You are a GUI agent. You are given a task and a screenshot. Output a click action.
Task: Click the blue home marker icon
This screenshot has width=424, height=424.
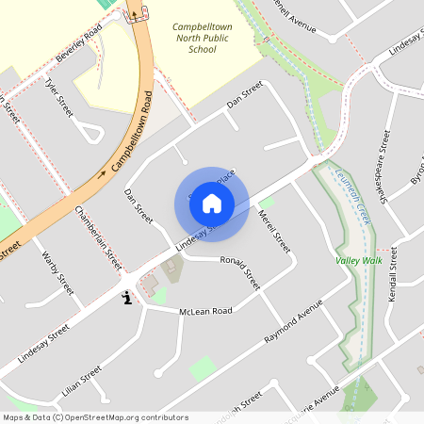click(212, 203)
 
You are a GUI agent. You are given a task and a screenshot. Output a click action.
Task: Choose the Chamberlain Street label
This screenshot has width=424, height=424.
click(98, 236)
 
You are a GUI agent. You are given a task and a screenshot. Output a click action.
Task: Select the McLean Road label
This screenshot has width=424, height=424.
click(205, 311)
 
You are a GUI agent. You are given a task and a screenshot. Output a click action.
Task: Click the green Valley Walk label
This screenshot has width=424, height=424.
click(358, 260)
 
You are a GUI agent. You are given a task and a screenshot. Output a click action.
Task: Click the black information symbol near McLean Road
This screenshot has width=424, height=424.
click(127, 299)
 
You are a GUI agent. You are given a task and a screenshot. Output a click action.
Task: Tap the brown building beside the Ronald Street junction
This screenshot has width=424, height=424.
click(171, 271)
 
